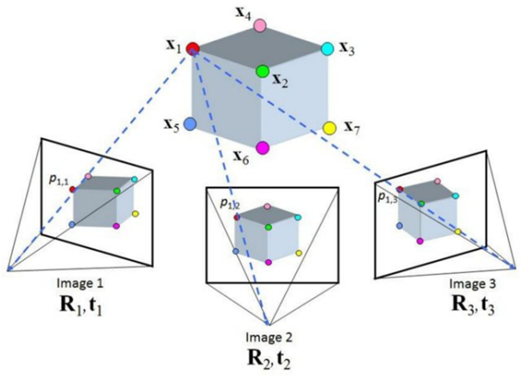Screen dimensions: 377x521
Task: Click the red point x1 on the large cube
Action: [193, 48]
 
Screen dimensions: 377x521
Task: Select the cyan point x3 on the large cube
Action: [327, 49]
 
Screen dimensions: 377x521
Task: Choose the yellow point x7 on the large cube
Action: [329, 128]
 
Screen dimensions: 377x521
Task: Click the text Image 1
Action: [80, 284]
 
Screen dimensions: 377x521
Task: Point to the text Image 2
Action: [269, 338]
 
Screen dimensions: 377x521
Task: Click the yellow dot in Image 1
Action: [135, 214]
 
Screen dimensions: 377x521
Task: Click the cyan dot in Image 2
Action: [298, 217]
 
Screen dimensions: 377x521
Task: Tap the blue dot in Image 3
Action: [399, 226]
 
